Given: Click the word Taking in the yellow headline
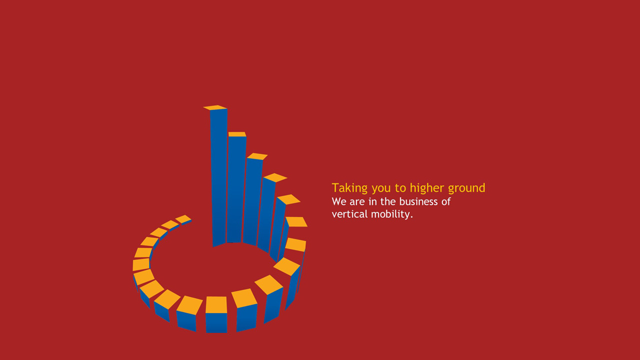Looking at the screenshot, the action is (349, 188).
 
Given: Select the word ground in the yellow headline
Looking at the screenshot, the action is (466, 188).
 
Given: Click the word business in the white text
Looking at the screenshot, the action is (418, 201).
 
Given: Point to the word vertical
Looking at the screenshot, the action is (349, 214).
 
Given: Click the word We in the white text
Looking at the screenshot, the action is (339, 201).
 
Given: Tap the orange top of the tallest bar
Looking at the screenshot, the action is (215, 107).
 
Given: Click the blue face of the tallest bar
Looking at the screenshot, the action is (219, 177).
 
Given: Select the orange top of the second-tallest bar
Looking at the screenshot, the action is (237, 134).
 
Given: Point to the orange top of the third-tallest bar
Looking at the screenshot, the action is (257, 156).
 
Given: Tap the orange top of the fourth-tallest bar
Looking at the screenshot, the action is (275, 177).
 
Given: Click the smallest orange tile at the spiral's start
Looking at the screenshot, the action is (183, 219).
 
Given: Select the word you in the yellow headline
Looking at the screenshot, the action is (381, 189).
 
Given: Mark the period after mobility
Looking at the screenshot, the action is (411, 217).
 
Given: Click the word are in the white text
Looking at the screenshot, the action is (357, 202).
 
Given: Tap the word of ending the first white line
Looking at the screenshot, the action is (446, 201).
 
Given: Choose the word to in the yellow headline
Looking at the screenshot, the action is (400, 188).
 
